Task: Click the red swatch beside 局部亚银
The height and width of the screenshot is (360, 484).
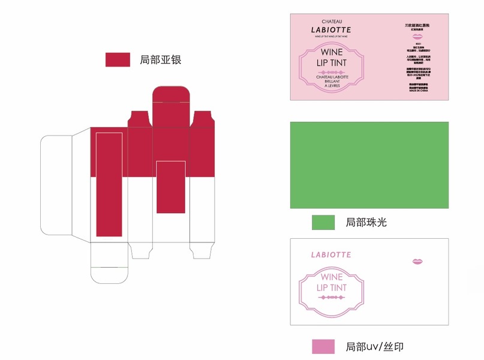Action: coord(118,59)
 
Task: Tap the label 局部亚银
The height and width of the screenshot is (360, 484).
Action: coord(160,59)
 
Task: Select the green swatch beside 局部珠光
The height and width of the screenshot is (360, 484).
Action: coord(323,223)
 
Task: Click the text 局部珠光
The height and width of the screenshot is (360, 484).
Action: coord(366,223)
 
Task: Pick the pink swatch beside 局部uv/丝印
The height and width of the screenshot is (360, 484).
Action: coord(323,346)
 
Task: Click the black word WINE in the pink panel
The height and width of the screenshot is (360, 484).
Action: coord(331,52)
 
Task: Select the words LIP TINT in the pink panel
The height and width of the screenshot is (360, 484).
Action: coord(331,62)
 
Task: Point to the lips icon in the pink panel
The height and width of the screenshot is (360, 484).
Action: coord(417,37)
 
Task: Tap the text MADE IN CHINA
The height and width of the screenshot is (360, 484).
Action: coord(417,91)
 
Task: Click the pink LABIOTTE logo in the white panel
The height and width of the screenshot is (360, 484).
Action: coord(331,254)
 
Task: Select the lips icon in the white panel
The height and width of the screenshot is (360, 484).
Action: coord(417,261)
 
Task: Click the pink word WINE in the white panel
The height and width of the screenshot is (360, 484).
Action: coord(331,277)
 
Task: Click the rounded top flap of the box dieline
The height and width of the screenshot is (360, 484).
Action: coord(172,98)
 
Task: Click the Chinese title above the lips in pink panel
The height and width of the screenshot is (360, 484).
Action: coord(417,25)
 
